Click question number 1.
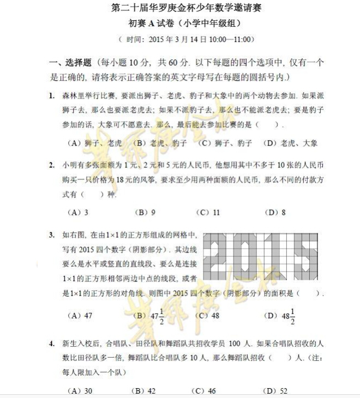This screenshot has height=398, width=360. pyautogui.click(x=51, y=95)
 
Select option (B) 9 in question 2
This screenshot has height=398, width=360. pyautogui.click(x=145, y=213)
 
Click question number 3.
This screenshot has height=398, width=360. pyautogui.click(x=51, y=235)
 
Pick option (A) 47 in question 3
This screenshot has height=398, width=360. pyautogui.click(x=79, y=315)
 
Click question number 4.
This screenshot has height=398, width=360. pyautogui.click(x=51, y=343)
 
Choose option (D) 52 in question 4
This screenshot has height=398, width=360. pyautogui.click(x=275, y=391)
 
